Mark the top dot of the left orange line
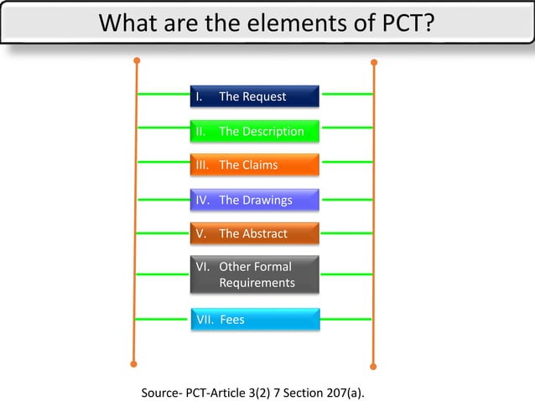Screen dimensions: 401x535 [x=136, y=60]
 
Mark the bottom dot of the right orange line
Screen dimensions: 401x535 [x=373, y=366]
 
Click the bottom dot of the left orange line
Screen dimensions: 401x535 [x=133, y=364]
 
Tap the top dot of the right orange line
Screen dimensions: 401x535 [x=373, y=62]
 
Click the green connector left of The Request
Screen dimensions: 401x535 [x=162, y=95]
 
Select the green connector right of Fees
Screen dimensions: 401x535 [x=346, y=319]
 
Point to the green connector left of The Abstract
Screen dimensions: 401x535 [x=162, y=233]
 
